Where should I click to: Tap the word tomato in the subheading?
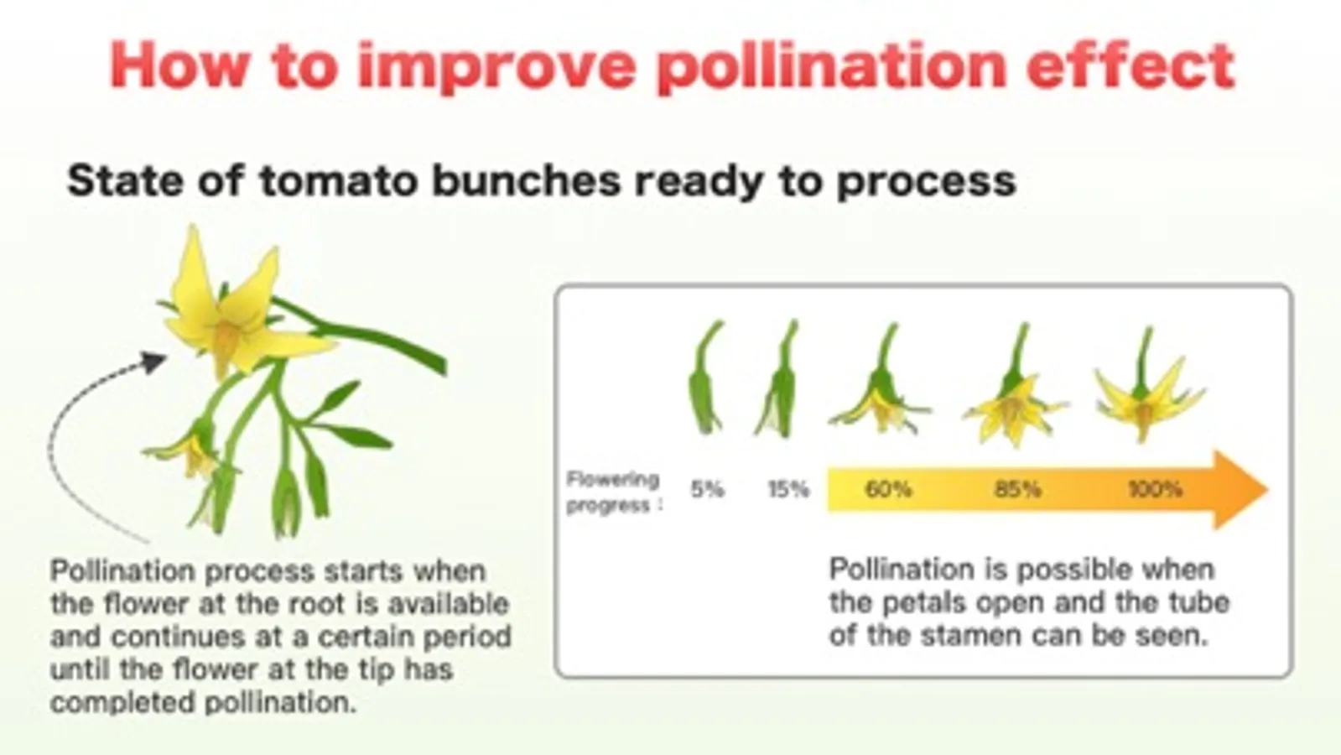click(338, 181)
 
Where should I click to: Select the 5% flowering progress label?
click(708, 490)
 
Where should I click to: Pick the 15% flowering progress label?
click(788, 490)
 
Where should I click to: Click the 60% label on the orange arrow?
click(888, 490)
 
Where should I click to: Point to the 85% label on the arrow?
click(1018, 490)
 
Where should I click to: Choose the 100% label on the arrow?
click(1155, 490)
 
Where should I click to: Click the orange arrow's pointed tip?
click(1267, 490)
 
